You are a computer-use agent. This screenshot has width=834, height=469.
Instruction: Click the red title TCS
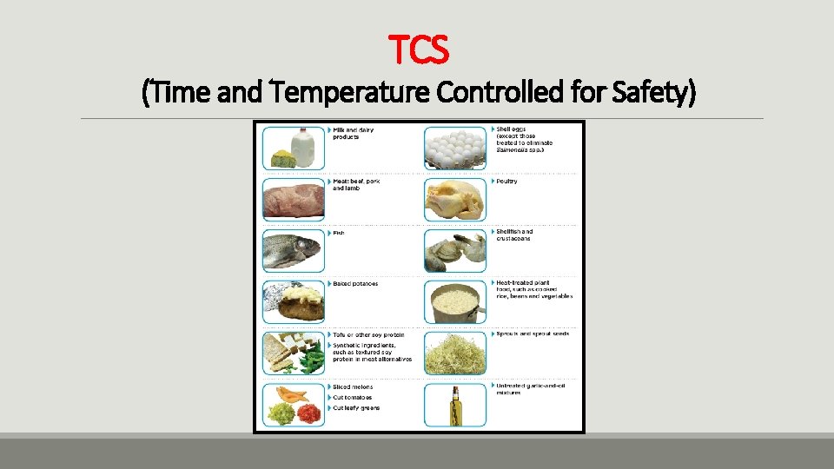coord(418,50)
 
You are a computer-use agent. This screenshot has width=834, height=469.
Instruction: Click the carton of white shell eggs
coord(455,147)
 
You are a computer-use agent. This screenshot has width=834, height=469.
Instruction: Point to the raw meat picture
coord(293,199)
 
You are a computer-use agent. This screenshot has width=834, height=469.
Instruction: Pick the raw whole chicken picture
coord(455,199)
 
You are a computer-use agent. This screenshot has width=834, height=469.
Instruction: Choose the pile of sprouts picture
coord(455,352)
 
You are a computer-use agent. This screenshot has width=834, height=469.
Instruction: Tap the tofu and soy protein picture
coord(293,352)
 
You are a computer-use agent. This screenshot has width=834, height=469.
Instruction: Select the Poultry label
coord(506,182)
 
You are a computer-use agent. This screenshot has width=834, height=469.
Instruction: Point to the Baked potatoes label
coord(354,284)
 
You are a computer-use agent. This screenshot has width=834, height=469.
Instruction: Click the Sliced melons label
coord(353,387)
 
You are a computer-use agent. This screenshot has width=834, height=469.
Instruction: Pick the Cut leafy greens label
coord(356,408)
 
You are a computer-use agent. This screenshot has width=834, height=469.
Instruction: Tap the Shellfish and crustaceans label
coord(513,235)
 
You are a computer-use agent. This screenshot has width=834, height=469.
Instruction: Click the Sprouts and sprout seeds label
coord(532,334)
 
